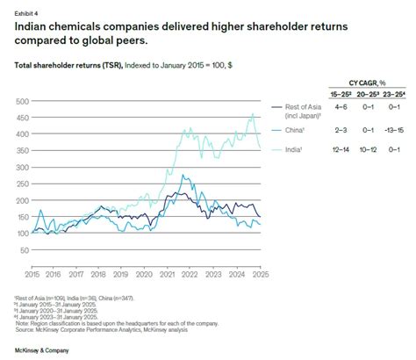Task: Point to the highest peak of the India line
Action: (253, 113)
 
